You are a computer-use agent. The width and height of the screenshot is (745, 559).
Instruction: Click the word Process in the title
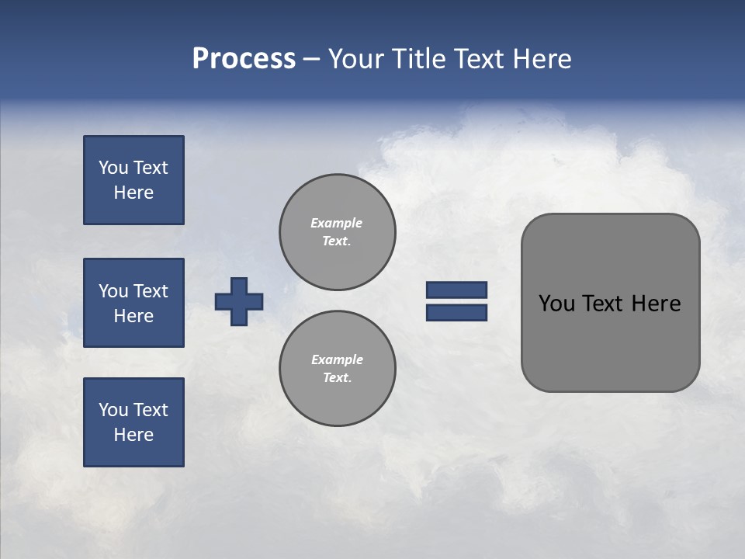point(244,59)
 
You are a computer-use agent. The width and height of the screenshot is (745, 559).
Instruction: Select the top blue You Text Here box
point(133,180)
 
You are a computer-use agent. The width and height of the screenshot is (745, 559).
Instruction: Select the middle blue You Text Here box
point(133,303)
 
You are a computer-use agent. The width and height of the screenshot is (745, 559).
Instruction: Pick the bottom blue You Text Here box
point(133,422)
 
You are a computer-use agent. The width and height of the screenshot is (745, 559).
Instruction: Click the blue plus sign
point(239,301)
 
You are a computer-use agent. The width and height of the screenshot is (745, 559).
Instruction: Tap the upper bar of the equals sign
point(456,290)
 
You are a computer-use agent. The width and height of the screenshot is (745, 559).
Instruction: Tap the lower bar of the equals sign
point(456,312)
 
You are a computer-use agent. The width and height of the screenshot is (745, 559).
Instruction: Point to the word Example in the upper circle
point(337,223)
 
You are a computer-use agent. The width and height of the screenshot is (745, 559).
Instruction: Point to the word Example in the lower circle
point(337,359)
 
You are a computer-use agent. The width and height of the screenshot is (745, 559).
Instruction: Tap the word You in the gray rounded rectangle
point(556,304)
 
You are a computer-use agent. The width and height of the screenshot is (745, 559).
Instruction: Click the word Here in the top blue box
point(133,193)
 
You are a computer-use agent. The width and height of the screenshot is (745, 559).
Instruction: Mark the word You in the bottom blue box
point(113,410)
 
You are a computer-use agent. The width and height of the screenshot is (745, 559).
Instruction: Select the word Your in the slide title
point(358,59)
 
